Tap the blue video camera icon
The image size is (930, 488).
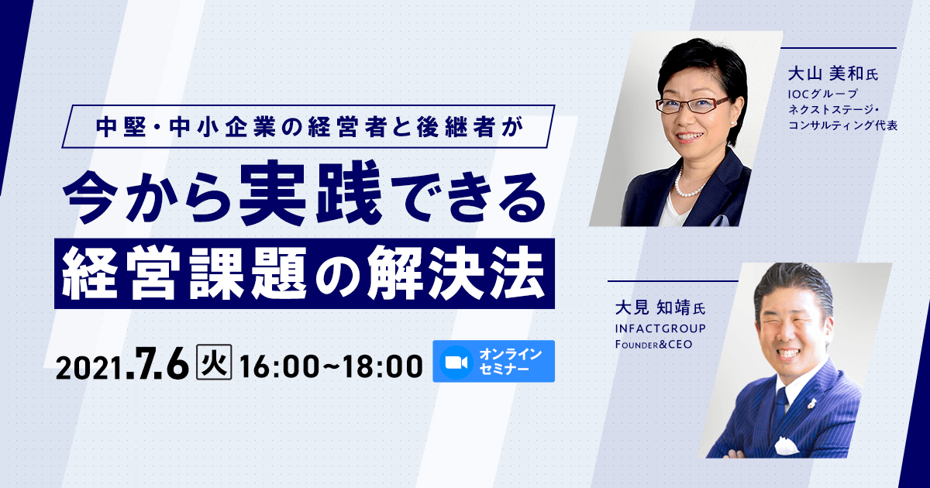click(456, 361)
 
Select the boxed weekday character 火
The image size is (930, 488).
click(215, 363)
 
